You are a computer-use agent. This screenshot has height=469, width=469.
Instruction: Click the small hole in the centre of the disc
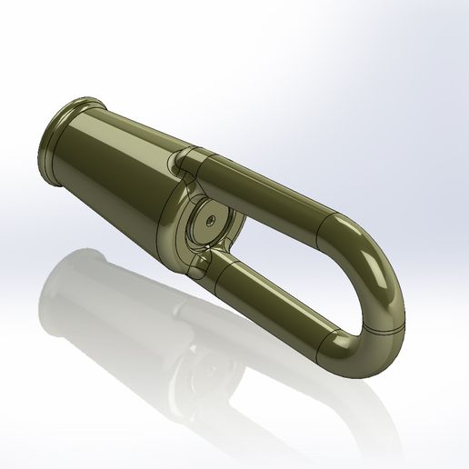pos(210,220)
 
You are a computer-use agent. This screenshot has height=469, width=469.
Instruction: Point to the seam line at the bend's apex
pos(393,314)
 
